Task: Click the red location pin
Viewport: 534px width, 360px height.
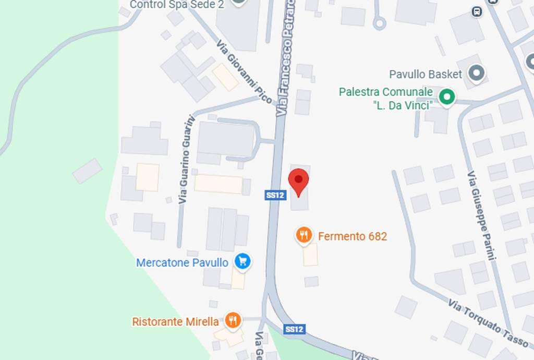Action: click(x=298, y=181)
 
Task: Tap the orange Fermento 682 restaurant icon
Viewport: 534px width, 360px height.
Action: click(x=304, y=235)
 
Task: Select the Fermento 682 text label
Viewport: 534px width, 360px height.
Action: click(x=353, y=236)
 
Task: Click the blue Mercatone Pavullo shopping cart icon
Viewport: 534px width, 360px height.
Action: click(x=242, y=261)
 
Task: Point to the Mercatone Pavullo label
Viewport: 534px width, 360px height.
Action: click(x=182, y=262)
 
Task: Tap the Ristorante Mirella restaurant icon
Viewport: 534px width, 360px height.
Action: click(x=233, y=320)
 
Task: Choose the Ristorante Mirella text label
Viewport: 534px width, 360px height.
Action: click(x=175, y=322)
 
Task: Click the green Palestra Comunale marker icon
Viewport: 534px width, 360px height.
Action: click(x=446, y=97)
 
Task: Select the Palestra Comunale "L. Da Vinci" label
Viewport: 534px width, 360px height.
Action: click(x=385, y=99)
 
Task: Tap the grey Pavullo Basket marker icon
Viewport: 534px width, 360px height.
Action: click(x=476, y=74)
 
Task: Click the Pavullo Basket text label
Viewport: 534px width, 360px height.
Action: click(x=426, y=74)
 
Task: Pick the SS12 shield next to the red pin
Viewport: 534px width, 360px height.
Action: click(x=275, y=195)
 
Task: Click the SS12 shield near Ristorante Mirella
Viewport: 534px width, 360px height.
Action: click(x=294, y=329)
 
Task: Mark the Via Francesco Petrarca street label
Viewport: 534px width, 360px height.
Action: click(x=286, y=57)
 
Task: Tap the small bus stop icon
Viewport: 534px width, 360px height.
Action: click(x=476, y=11)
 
